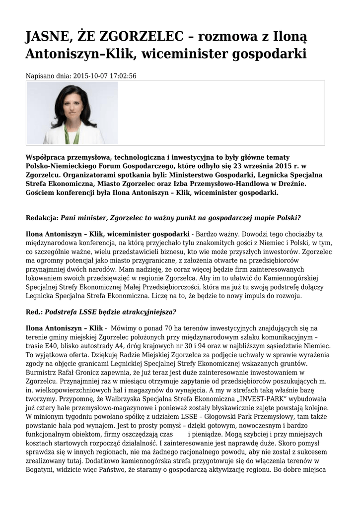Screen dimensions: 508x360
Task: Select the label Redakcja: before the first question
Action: click(x=42, y=218)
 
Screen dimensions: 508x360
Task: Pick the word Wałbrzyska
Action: click(x=100, y=398)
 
